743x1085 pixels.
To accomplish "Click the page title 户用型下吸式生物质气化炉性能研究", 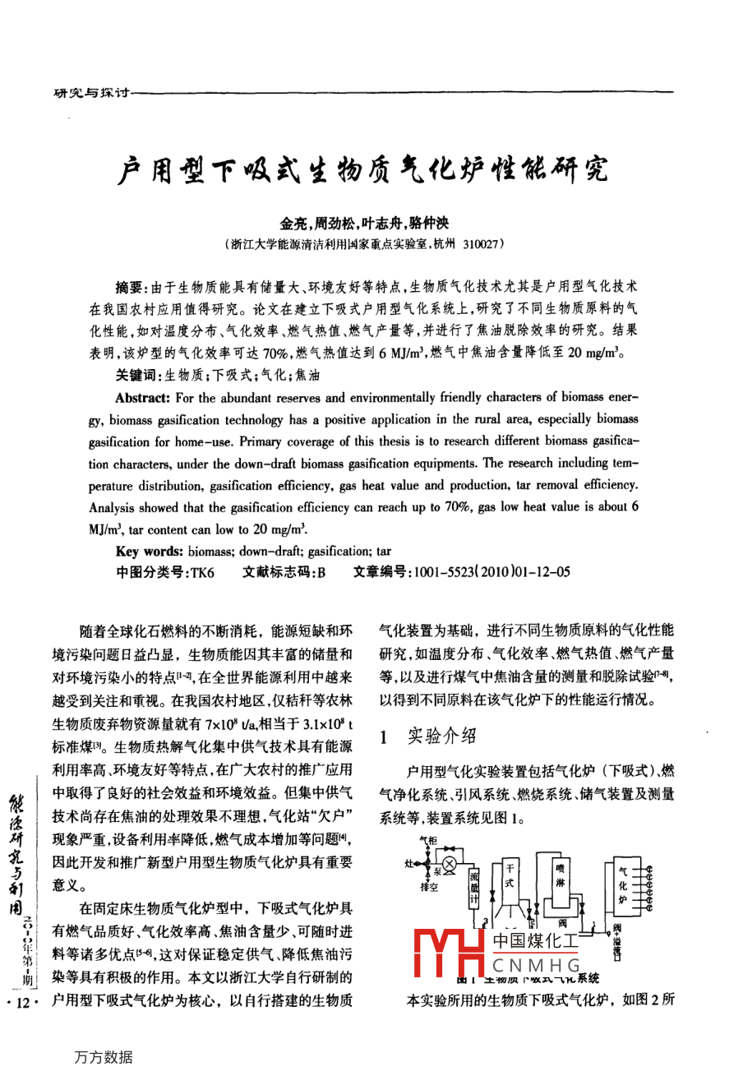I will click(363, 170).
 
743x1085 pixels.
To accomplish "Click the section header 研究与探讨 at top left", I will click(90, 94).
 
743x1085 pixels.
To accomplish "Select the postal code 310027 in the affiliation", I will click(479, 244).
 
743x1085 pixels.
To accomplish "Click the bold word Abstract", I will click(143, 398).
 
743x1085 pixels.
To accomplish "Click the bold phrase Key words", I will click(150, 551).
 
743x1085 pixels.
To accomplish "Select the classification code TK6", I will click(201, 573).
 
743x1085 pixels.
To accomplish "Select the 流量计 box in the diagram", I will click(474, 887).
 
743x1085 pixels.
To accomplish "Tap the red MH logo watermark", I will click(448, 954).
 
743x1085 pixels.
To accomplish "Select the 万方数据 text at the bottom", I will click(103, 1057).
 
